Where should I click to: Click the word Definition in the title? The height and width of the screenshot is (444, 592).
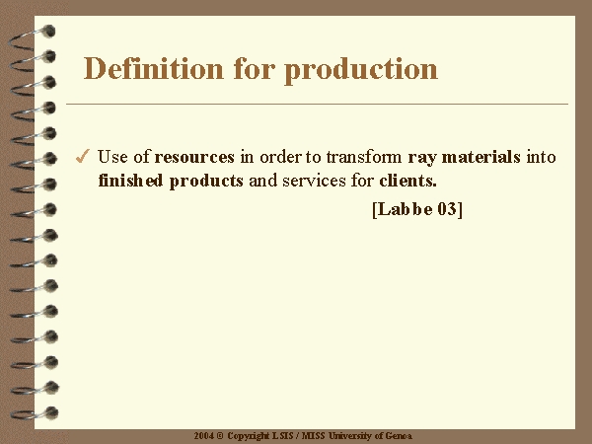point(153,68)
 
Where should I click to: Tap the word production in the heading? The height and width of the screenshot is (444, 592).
point(361,71)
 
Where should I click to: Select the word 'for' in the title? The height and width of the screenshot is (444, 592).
point(255,68)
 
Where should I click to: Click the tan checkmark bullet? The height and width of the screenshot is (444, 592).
point(83,156)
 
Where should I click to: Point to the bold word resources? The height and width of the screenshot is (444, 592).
point(194,157)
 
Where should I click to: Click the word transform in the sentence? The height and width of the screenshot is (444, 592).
point(364,157)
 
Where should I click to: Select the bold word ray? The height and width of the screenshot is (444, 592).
point(421,158)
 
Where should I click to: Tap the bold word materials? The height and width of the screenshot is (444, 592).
point(481,157)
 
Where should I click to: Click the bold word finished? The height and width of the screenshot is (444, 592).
point(130,181)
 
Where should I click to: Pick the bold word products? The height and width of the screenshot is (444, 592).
point(206,182)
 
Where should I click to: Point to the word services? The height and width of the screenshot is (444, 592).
point(314,181)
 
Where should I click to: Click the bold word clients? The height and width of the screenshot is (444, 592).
point(407,181)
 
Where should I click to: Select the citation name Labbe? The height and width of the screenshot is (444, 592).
point(405,209)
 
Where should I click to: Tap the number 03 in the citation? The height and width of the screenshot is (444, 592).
point(447,209)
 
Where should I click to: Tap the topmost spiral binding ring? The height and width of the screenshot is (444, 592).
point(33,37)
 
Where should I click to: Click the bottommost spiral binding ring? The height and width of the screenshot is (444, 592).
point(35,413)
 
